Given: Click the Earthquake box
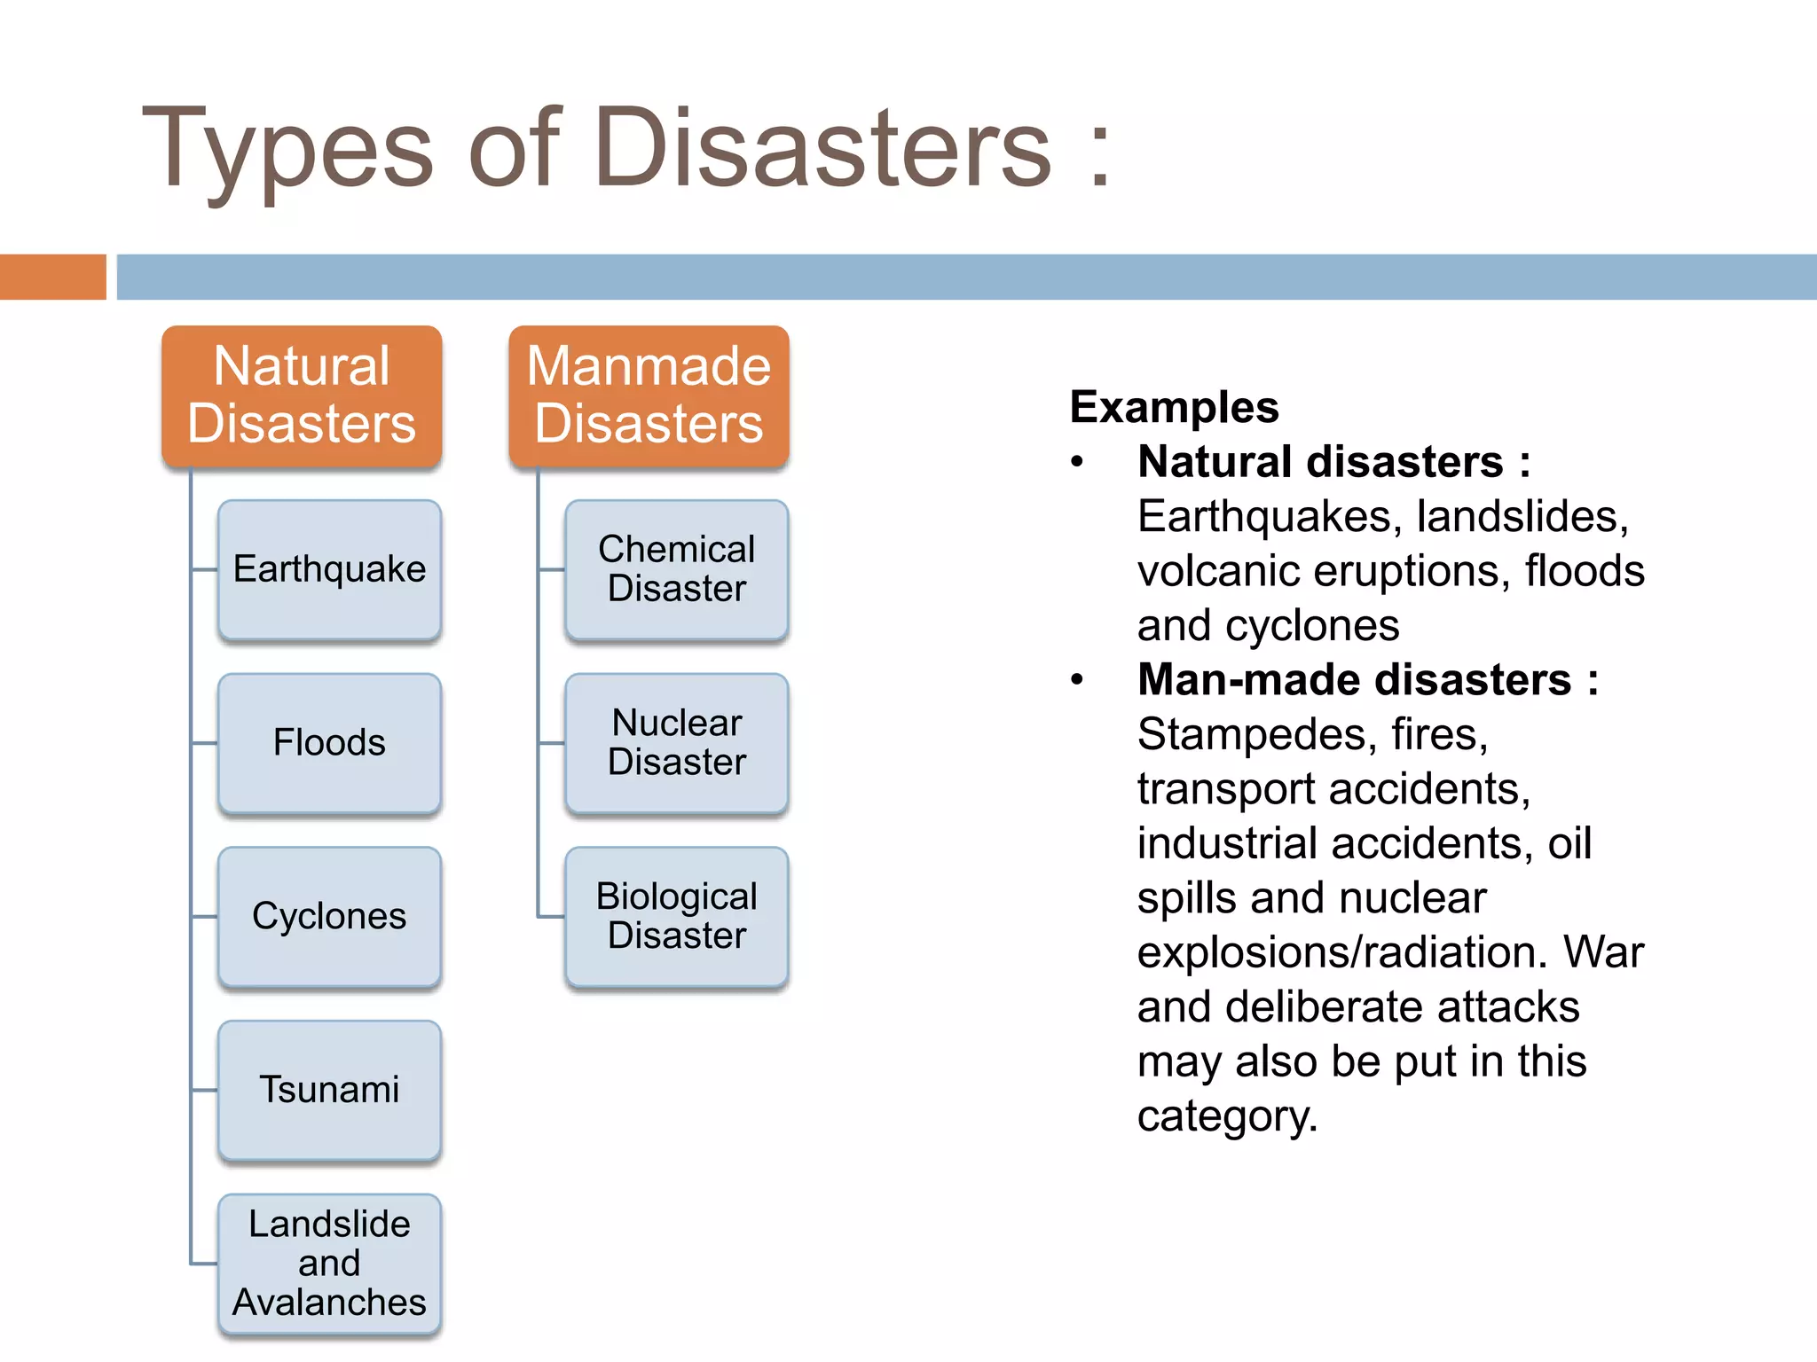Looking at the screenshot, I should click(x=329, y=569).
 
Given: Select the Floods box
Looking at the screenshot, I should click(x=329, y=743).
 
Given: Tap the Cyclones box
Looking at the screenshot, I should click(x=329, y=916).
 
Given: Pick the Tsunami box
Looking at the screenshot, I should click(x=329, y=1090).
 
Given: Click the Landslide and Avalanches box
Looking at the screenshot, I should click(x=329, y=1264).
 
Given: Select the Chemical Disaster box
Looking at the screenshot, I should click(x=676, y=569).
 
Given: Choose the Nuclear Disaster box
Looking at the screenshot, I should click(x=676, y=743).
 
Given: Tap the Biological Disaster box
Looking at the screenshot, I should click(x=676, y=916).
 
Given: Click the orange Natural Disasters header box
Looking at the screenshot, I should click(x=302, y=395).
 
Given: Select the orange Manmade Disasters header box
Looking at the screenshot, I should click(x=649, y=395).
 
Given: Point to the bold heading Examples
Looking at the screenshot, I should click(x=1174, y=408).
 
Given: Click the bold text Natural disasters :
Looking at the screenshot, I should click(x=1333, y=462).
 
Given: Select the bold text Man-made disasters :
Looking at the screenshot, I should click(x=1367, y=680).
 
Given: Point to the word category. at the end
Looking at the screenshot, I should click(x=1227, y=1116).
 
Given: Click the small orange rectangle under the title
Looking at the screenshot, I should click(x=52, y=277).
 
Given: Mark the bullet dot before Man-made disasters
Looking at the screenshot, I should click(x=1077, y=680).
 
